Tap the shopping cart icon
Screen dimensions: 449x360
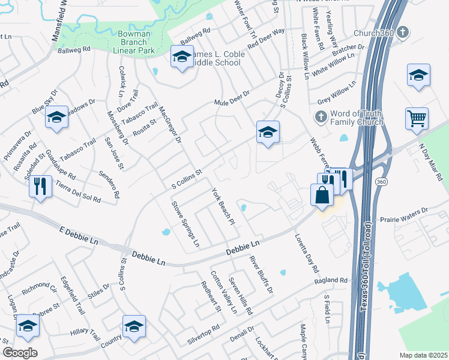click(417, 118)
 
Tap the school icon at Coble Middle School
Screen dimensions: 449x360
click(182, 57)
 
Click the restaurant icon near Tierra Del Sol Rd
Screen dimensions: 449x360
click(40, 185)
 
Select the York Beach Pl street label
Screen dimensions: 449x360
click(222, 207)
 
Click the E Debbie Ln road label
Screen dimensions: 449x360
click(79, 236)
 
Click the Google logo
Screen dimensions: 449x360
click(20, 352)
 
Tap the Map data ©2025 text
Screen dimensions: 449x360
click(423, 355)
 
